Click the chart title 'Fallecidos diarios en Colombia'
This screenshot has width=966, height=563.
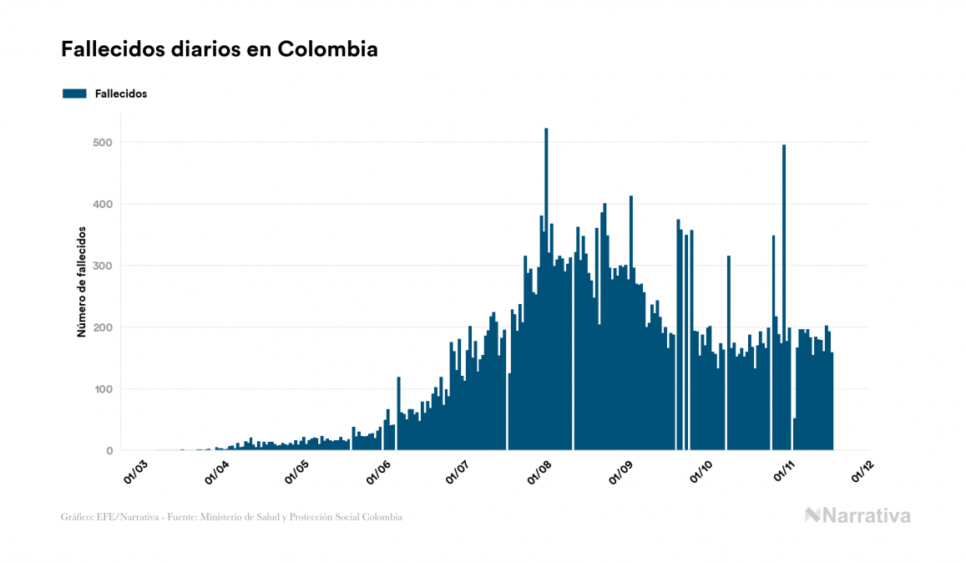(220, 49)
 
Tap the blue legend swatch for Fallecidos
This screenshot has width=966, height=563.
(74, 94)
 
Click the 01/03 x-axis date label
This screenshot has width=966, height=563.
(136, 471)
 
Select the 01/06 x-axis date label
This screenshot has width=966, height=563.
(379, 471)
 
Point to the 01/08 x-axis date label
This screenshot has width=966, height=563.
(541, 471)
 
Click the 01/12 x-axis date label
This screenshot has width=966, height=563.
(863, 471)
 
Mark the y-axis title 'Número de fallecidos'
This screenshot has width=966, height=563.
(82, 281)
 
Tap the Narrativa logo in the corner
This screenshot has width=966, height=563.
(857, 515)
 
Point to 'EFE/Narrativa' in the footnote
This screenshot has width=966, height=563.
(124, 518)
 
